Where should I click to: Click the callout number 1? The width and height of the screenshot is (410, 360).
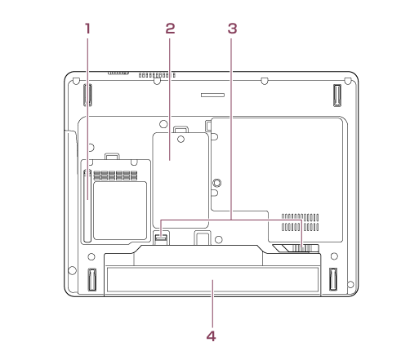[x=87, y=29]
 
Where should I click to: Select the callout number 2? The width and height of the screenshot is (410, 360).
[x=170, y=29]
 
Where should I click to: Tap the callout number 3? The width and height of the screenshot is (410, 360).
[x=232, y=29]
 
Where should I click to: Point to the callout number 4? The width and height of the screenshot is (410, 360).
[x=211, y=336]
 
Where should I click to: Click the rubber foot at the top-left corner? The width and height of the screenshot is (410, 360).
[x=87, y=95]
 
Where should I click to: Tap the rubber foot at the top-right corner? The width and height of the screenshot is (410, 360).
[x=337, y=96]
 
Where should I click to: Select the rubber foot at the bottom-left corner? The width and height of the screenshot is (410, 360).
[x=91, y=279]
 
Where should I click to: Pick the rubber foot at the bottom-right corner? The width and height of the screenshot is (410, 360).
[x=333, y=279]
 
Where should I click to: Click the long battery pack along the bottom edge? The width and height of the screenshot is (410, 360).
[x=212, y=280]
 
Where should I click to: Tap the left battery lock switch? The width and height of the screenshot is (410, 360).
[x=161, y=238]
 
